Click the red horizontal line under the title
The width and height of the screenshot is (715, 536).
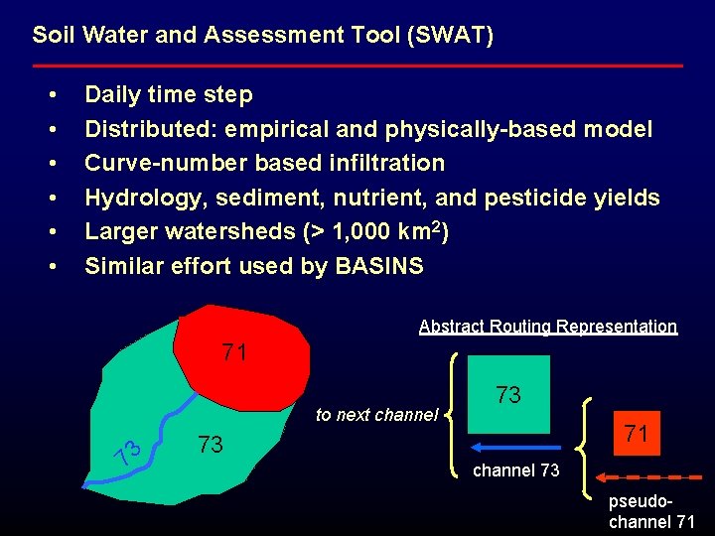coord(357,66)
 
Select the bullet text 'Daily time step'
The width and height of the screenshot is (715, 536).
coord(169,95)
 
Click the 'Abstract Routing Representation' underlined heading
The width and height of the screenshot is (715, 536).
coord(548,327)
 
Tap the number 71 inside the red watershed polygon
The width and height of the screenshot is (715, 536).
coord(235,353)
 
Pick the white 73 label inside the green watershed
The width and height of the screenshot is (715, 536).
coord(211,443)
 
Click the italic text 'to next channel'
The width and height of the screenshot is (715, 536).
coord(376,415)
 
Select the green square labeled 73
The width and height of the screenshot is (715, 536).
coord(508,395)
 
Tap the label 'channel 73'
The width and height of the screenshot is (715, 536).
coord(515,470)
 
